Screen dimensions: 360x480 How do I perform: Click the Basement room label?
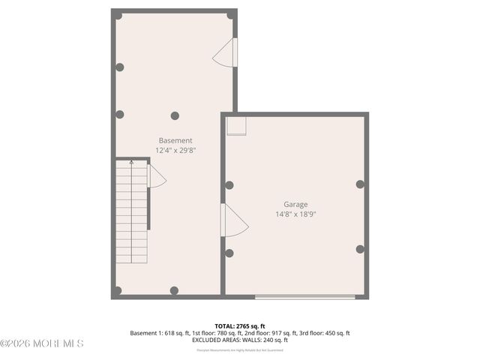pos(175,140)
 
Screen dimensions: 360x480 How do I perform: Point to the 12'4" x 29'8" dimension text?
pos(175,150)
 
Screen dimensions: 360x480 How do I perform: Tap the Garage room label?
pos(295,204)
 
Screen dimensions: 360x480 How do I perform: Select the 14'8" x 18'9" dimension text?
pos(295,214)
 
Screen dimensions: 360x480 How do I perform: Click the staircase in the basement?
pos(132,214)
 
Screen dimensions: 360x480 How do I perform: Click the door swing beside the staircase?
pos(156,177)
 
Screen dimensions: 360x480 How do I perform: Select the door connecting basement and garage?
pos(234,220)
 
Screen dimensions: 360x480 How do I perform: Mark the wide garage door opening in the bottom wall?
pos(304,297)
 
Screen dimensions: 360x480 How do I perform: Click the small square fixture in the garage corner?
pos(236,125)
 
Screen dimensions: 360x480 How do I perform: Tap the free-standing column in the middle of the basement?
pos(175,115)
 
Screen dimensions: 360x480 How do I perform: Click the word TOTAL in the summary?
pos(225,326)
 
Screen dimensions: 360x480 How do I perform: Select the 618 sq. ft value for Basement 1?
pos(175,333)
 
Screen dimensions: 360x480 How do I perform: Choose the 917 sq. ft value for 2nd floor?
pos(283,333)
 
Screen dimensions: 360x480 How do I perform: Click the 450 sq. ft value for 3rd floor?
pos(336,333)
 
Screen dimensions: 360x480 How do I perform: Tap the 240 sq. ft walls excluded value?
pos(274,340)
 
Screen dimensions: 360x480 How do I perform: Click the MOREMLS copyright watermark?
pos(42,343)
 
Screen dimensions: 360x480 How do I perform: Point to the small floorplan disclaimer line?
pos(240,350)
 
